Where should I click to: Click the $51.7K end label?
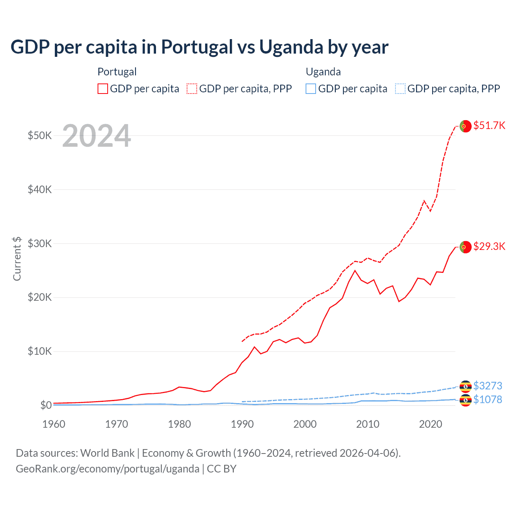(489, 125)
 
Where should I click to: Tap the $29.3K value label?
(489, 246)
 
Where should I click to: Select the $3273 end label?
(487, 386)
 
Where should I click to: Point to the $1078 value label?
(487, 399)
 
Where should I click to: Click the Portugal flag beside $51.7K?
(465, 126)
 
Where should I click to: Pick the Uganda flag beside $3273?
(466, 387)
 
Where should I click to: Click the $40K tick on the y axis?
(40, 189)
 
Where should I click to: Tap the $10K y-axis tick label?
(40, 352)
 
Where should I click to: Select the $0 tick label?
(46, 405)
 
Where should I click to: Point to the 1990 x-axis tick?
(242, 424)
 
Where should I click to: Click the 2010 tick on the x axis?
(368, 424)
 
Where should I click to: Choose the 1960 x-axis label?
(54, 424)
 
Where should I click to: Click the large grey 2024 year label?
(97, 136)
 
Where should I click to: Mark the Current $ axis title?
(17, 258)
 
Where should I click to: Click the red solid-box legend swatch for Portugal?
(103, 89)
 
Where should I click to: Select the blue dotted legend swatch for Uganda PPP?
(400, 89)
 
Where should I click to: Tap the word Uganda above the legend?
(323, 72)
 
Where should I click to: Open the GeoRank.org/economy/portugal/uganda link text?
(108, 469)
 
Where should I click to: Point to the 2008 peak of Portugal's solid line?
(355, 270)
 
